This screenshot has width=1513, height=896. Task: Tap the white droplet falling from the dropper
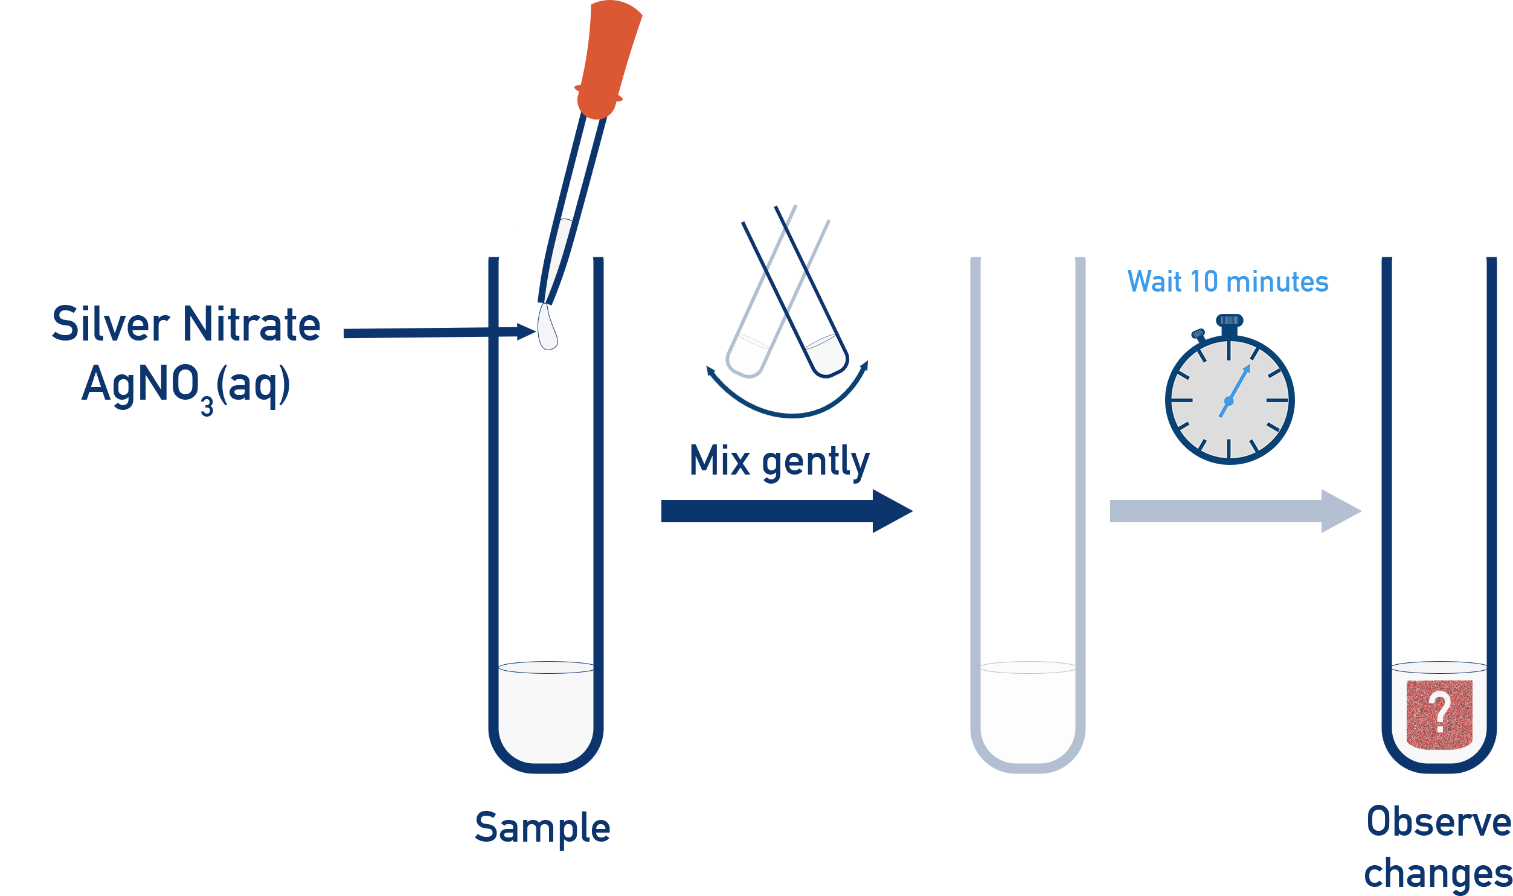tap(547, 328)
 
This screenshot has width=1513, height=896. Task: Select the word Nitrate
tap(252, 324)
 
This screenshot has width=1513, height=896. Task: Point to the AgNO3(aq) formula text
tap(186, 385)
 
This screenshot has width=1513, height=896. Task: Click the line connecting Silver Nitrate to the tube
tap(416, 333)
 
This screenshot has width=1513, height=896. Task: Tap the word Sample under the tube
tap(542, 828)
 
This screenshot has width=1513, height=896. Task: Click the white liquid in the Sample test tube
tap(546, 712)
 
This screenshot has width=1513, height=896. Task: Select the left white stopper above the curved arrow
tap(748, 354)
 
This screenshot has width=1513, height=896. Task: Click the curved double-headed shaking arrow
tap(789, 411)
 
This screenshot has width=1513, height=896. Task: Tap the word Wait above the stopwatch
tap(1154, 282)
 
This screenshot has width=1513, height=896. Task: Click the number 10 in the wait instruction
tap(1204, 282)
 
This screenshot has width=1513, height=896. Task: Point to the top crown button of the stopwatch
tap(1229, 321)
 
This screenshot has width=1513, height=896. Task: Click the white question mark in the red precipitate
tap(1441, 713)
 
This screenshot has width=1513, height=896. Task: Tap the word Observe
tap(1439, 822)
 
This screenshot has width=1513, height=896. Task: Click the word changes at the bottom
tap(1438, 874)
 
